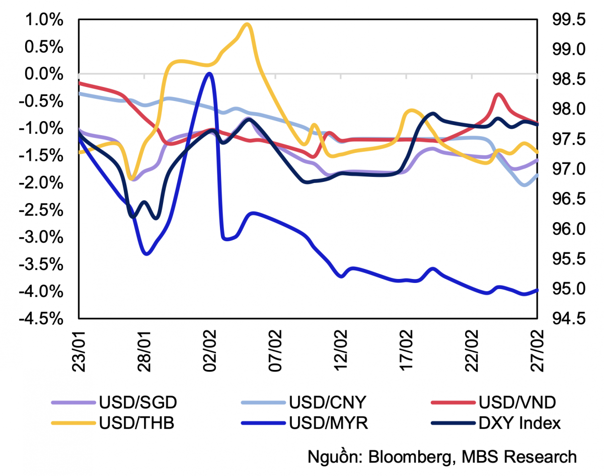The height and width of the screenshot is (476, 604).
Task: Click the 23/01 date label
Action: [79, 350]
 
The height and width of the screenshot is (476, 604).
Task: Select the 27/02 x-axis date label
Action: [538, 350]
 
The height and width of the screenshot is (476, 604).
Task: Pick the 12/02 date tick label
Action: [341, 350]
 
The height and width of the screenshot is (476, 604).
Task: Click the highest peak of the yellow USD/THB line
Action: [246, 24]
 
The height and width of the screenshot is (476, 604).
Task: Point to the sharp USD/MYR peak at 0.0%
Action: [209, 74]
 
